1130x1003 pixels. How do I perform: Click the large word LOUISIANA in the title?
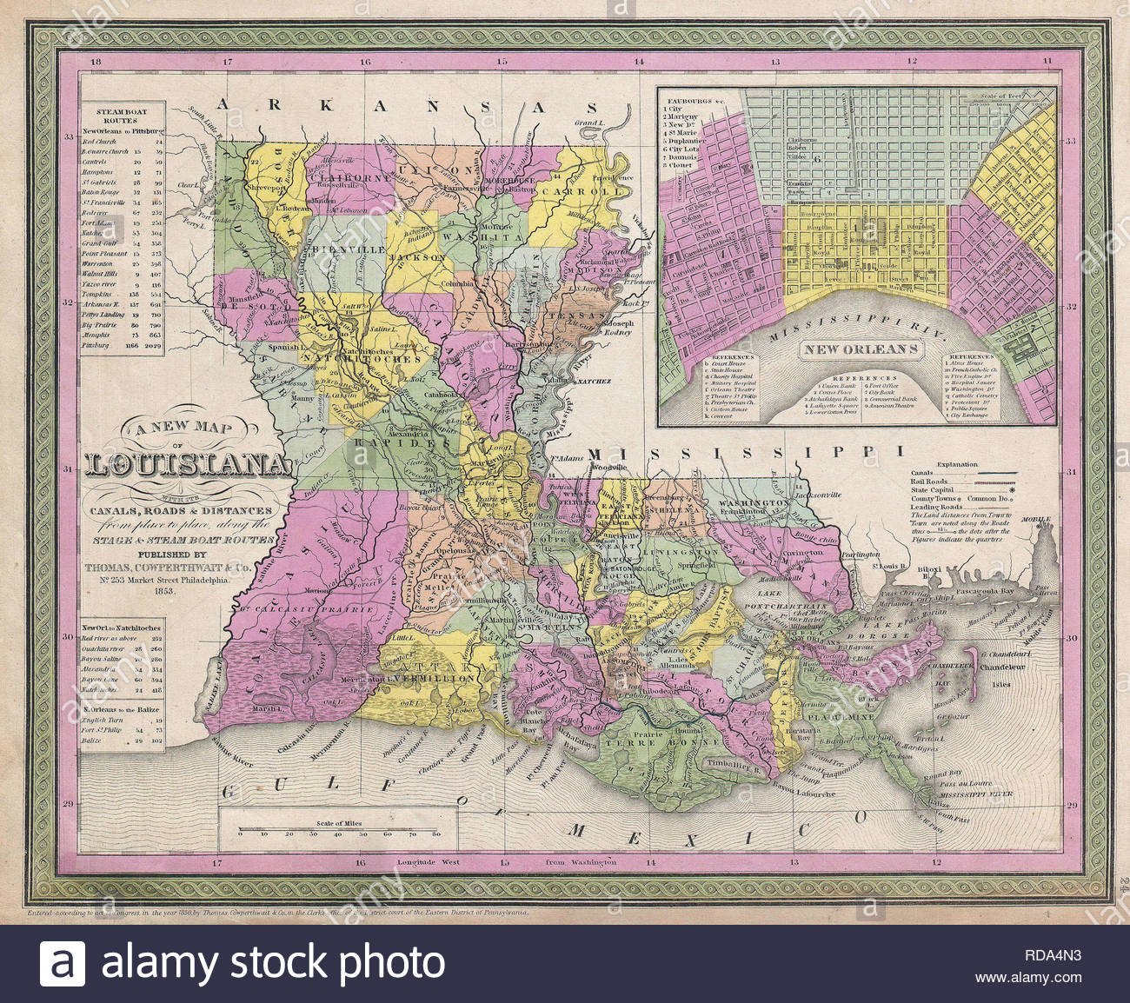pos(188,465)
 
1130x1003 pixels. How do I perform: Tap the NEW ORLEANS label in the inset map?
pos(860,349)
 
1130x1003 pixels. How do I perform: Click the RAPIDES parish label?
pos(401,442)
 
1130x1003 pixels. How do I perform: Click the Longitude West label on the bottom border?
pos(428,862)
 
